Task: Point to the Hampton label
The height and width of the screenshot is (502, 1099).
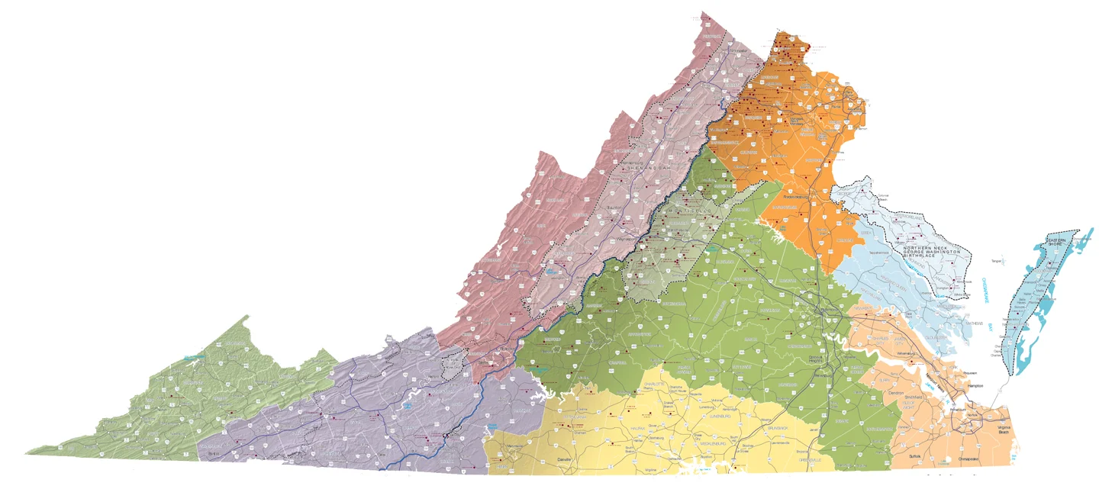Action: (x=976, y=386)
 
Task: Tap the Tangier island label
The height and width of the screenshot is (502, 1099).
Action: (x=996, y=261)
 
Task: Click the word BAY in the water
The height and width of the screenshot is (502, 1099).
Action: (x=994, y=327)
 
